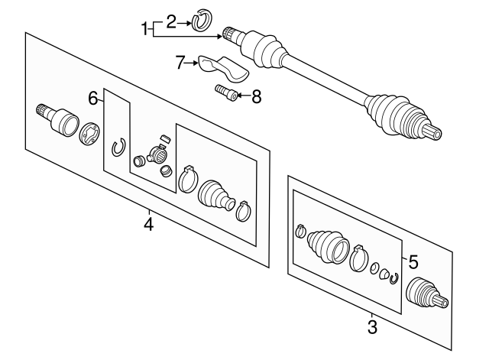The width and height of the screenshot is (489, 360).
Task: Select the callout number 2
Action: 172,21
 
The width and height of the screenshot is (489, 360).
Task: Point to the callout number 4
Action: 149,225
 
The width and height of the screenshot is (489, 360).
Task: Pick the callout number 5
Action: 413,261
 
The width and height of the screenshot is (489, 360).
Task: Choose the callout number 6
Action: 93,98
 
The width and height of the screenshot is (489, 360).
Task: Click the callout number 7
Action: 180,63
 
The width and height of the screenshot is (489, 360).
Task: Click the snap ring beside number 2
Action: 202,21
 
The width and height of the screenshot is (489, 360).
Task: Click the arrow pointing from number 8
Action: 242,96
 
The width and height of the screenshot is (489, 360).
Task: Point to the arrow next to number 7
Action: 193,63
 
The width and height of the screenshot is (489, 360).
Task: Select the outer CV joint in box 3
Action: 425,294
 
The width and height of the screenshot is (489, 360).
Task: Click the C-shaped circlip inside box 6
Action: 118,146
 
